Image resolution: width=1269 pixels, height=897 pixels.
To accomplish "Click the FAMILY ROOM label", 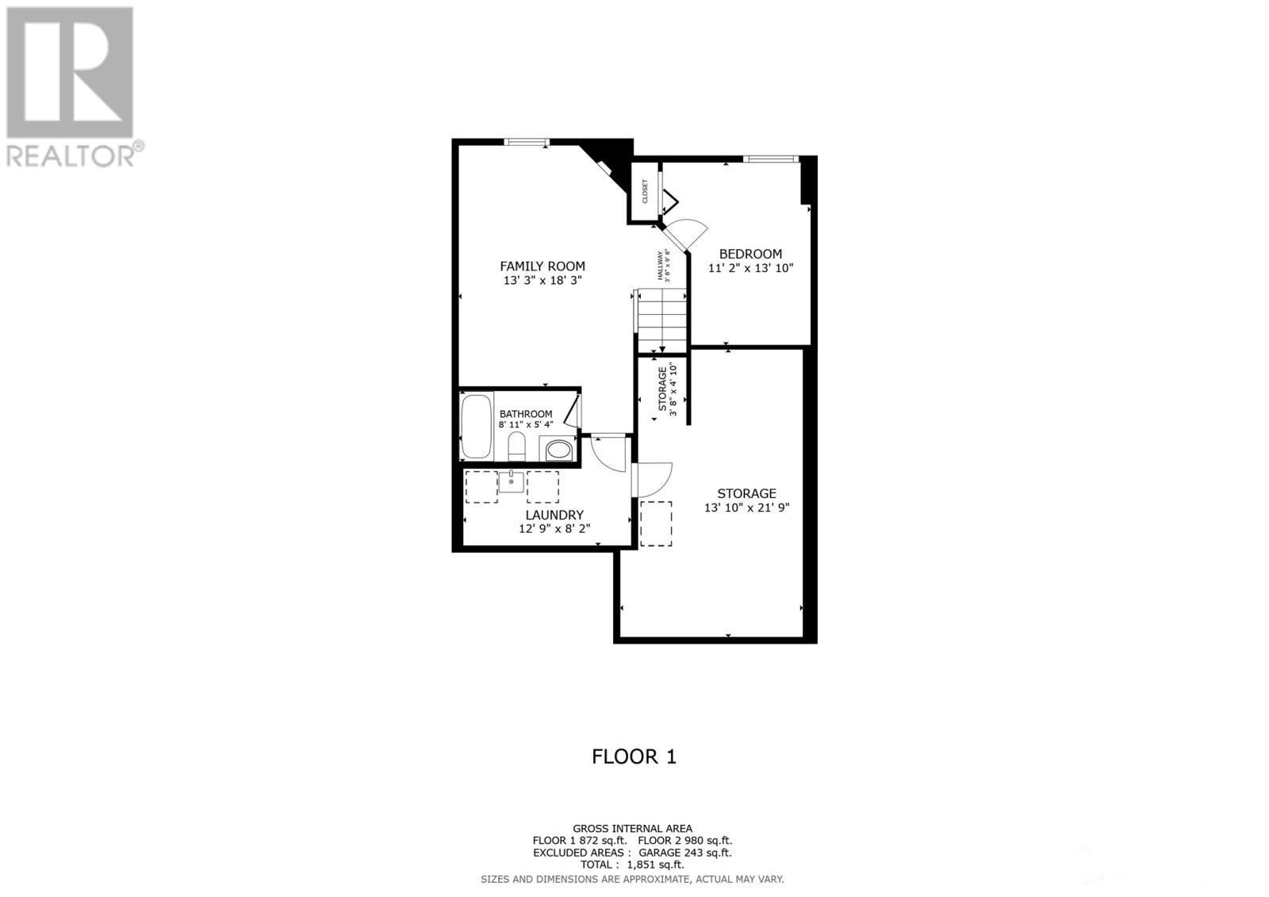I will click(542, 266).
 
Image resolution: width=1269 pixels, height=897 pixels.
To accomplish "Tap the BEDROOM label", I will click(750, 255).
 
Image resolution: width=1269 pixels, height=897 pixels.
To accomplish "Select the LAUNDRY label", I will click(554, 515).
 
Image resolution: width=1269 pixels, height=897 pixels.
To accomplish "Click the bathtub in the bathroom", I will click(477, 426).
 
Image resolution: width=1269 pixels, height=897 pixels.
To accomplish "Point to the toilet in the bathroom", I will click(516, 446).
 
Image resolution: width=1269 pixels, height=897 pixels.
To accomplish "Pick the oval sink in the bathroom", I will click(558, 450).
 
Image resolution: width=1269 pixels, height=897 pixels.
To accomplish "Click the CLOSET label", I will click(645, 191).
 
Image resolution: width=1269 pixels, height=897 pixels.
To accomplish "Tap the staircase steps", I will click(661, 319).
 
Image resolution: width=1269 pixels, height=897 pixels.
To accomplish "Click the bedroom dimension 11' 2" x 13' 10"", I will click(750, 268).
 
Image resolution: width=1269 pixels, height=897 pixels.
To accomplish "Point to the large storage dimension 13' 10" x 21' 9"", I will click(747, 508).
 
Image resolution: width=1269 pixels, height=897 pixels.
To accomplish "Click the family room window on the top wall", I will click(527, 143).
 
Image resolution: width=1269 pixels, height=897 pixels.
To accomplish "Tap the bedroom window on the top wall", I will click(770, 159).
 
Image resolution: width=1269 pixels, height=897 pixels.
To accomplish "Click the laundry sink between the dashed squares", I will click(512, 481).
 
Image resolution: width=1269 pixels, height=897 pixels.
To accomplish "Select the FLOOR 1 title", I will click(634, 757).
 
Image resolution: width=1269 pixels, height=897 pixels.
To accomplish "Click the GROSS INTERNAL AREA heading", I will click(632, 829).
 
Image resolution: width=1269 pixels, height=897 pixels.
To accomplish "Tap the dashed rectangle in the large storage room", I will click(656, 523).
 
